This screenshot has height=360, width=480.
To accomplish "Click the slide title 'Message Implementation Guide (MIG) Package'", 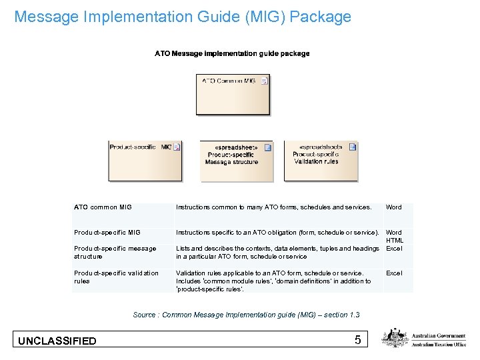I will (x=182, y=17).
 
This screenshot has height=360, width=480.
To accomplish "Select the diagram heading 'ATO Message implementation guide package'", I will (x=232, y=53).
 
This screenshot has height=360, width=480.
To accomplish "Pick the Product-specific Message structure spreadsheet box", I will (x=237, y=161).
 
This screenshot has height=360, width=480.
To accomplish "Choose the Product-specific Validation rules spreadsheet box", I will (x=321, y=161).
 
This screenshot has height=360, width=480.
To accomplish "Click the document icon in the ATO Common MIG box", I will (x=264, y=81).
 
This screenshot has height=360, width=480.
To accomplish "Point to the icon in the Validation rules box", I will (x=353, y=147).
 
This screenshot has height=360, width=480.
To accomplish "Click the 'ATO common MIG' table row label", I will (x=103, y=207).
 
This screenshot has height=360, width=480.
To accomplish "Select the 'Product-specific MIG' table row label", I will (x=107, y=232).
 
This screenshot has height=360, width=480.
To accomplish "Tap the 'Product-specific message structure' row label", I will (x=115, y=252).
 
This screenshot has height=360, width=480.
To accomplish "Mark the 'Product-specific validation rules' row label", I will (x=116, y=277).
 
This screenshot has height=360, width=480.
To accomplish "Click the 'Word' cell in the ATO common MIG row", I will (x=394, y=207).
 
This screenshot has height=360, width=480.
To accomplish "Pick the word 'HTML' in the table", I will (x=395, y=240).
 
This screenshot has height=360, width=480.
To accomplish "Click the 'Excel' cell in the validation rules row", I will (x=394, y=273).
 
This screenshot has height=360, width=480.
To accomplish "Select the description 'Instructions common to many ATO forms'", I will (x=273, y=207).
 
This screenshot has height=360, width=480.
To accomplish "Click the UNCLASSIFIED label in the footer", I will (x=57, y=341).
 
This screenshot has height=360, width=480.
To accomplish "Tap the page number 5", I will (x=358, y=340).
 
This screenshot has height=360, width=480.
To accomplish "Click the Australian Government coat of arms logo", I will (x=395, y=338).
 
